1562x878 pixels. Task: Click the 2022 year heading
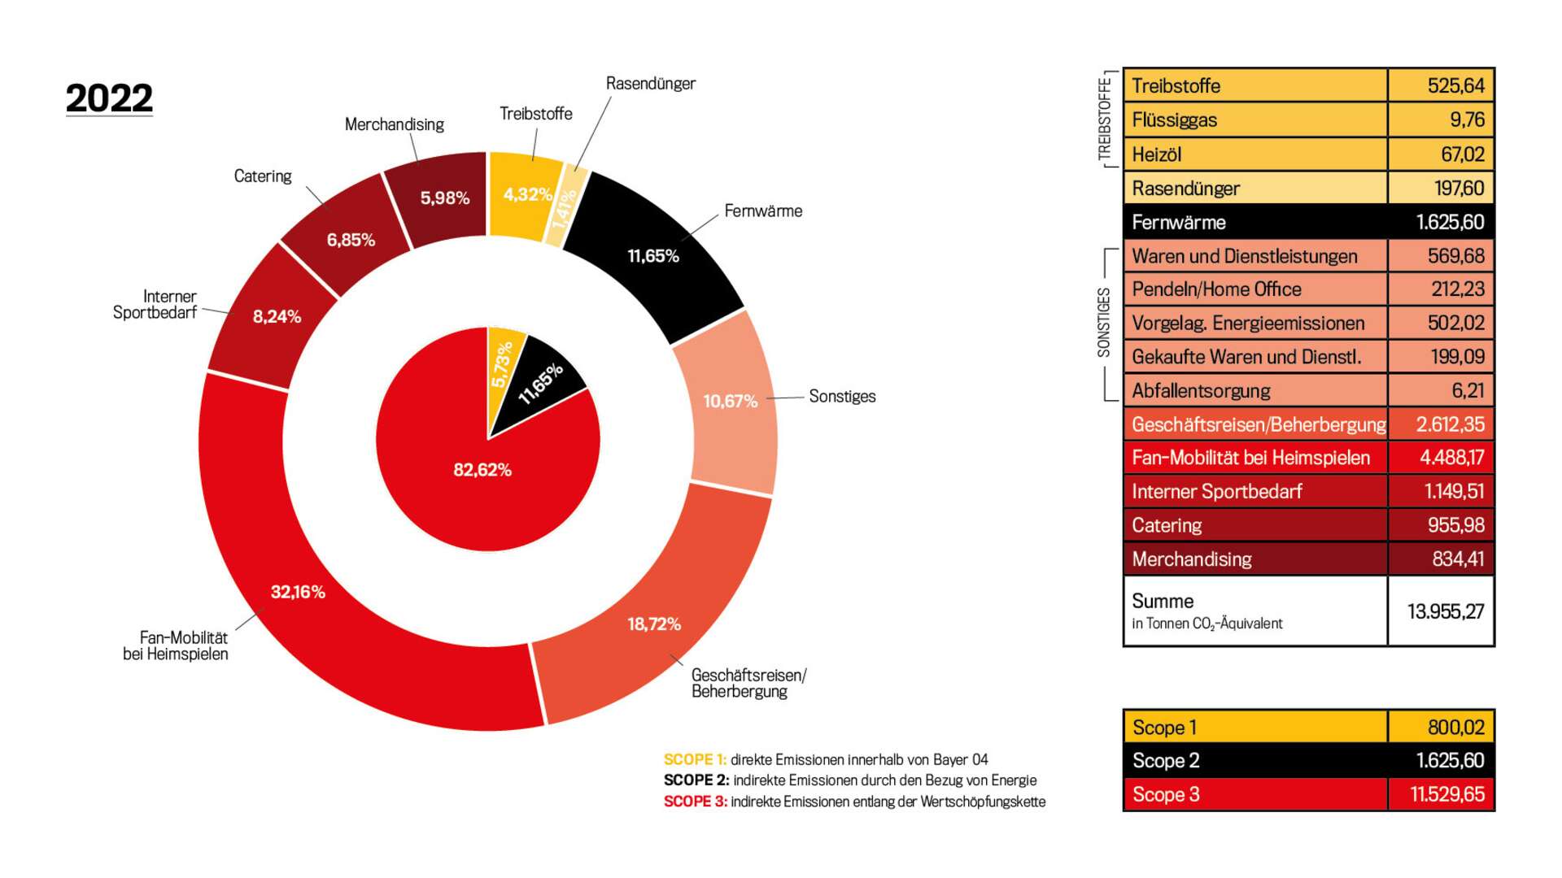pos(109,98)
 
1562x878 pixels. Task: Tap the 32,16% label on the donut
pos(298,592)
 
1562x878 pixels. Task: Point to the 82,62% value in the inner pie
pos(482,470)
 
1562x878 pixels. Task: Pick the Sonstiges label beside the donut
pos(842,397)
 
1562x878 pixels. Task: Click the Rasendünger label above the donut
pos(650,84)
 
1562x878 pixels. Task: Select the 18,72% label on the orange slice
pos(653,624)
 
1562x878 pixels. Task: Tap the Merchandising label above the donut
pos(394,124)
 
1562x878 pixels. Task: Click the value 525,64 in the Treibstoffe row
pos(1455,85)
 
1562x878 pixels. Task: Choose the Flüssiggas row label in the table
pos(1174,120)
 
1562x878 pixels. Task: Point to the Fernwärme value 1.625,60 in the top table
pos(1450,222)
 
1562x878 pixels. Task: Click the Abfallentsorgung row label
pos(1201,391)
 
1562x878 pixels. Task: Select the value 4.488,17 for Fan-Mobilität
pos(1451,458)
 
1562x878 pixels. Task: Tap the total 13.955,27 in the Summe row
pos(1446,611)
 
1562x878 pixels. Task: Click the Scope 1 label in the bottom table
pos(1164,728)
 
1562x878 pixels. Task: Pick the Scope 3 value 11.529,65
pos(1446,794)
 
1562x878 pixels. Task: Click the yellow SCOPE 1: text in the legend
pos(695,760)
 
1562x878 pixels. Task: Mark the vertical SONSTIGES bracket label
pos(1104,323)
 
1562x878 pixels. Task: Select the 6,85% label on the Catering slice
pos(351,240)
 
